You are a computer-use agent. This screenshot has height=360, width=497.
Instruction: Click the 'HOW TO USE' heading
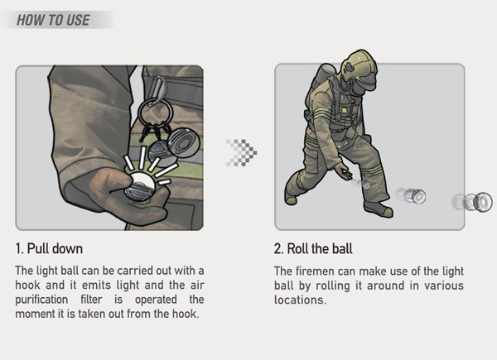click(x=53, y=20)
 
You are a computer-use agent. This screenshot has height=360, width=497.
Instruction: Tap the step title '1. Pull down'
click(x=49, y=248)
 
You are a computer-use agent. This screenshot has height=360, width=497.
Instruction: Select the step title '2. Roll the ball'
click(x=313, y=248)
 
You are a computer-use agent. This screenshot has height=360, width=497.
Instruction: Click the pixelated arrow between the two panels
click(x=242, y=152)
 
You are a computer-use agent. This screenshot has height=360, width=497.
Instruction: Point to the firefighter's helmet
click(x=359, y=66)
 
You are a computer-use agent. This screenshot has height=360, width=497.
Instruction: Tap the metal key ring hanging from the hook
click(x=156, y=112)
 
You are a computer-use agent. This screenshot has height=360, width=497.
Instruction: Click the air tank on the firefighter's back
click(x=323, y=75)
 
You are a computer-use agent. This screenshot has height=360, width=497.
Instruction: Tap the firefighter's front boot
click(x=379, y=209)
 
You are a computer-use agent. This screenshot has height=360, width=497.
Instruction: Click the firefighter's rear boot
click(x=291, y=199)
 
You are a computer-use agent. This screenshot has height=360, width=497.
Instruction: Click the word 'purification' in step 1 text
click(x=41, y=300)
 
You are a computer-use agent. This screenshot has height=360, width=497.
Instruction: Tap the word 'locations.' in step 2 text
click(x=300, y=300)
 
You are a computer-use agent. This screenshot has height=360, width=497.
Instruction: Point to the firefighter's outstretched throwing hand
click(x=343, y=172)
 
